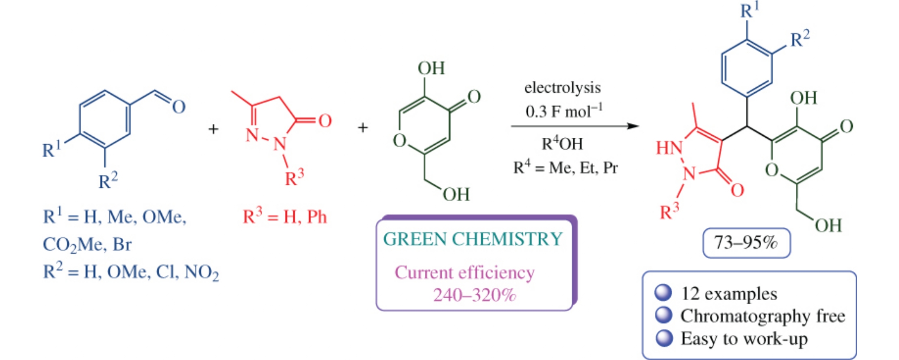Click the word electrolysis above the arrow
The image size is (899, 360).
562,88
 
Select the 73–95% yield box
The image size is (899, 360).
746,243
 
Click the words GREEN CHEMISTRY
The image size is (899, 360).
473,239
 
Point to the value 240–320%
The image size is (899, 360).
474,295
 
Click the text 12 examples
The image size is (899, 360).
729,293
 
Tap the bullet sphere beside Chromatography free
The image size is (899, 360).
664,315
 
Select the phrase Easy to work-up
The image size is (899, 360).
744,338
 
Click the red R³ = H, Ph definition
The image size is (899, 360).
285,217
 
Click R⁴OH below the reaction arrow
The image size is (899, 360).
562,144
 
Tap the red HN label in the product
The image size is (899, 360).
669,147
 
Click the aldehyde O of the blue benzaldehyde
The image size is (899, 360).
179,107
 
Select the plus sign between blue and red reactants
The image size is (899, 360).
213,129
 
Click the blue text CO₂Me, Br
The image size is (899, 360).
87,245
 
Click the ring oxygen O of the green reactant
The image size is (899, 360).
399,141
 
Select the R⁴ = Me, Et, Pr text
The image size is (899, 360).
565,167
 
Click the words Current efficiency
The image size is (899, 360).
464,273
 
